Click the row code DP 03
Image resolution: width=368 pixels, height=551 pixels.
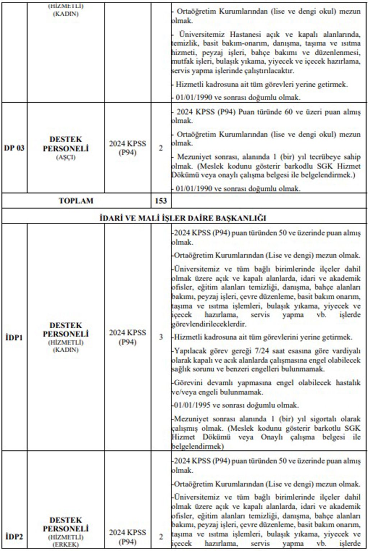click(14, 148)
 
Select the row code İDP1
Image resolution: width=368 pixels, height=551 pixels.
click(14, 337)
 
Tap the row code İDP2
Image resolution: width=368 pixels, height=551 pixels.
click(14, 537)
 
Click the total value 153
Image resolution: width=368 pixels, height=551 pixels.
click(161, 201)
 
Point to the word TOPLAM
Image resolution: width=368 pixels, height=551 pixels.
click(76, 201)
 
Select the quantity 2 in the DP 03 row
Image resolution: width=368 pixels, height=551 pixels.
click(161, 148)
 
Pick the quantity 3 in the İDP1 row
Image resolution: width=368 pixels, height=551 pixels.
click(161, 337)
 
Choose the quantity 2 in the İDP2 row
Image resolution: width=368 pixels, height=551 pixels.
click(161, 537)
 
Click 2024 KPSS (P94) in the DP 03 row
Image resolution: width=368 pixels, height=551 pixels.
click(128, 148)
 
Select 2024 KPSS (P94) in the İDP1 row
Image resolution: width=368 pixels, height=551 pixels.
click(128, 337)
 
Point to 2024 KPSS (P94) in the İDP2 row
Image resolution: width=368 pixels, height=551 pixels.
click(128, 537)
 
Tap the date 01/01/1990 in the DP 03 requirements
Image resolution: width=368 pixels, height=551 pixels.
click(194, 189)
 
